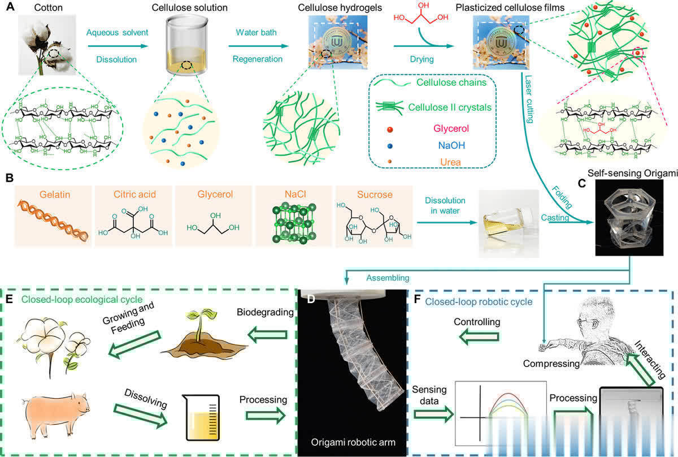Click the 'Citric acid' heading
131,195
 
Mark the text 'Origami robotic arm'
354,440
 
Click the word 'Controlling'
478,321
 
